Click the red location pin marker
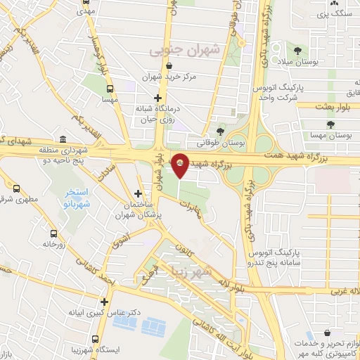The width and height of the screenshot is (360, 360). tap(181, 165)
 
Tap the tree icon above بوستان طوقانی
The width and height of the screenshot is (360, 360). tap(221, 131)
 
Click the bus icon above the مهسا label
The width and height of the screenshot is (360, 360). tap(109, 89)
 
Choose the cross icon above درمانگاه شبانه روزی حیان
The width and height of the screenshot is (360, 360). tap(158, 98)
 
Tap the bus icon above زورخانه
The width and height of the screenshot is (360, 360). tap(53, 233)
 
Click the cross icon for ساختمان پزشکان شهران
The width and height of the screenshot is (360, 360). tap(138, 193)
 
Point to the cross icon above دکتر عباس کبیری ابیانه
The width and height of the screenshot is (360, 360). tap(104, 302)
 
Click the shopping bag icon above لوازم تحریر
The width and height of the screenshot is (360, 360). tap(327, 332)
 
